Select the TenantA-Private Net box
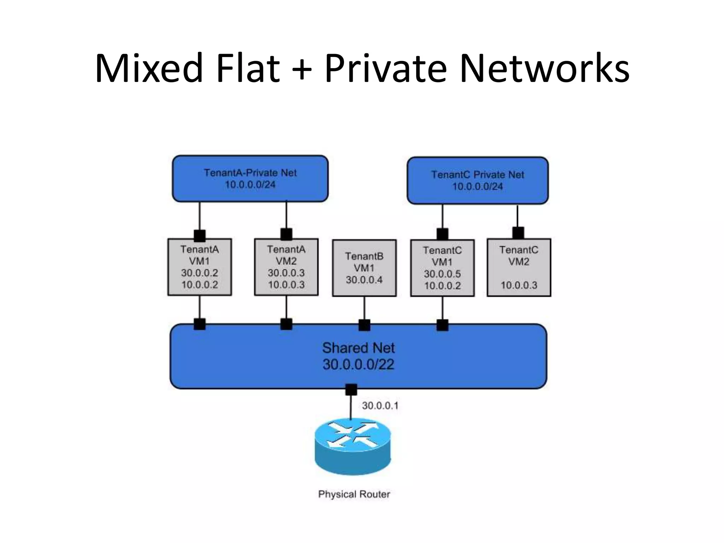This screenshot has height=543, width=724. pyautogui.click(x=250, y=179)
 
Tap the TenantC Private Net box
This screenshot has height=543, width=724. pyautogui.click(x=477, y=180)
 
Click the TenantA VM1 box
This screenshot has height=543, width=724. pyautogui.click(x=199, y=267)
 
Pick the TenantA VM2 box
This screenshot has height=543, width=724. pyautogui.click(x=286, y=267)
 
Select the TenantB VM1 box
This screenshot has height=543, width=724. pyautogui.click(x=364, y=268)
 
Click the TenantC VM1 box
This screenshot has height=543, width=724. pyautogui.click(x=442, y=268)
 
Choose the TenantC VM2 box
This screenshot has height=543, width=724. pyautogui.click(x=519, y=268)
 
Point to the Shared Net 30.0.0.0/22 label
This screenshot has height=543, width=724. pyautogui.click(x=358, y=356)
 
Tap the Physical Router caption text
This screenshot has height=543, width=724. pyautogui.click(x=354, y=494)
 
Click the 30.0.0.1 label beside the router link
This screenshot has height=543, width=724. pyautogui.click(x=380, y=406)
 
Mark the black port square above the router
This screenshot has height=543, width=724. pyautogui.click(x=351, y=390)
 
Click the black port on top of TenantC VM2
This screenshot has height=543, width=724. pyautogui.click(x=518, y=233)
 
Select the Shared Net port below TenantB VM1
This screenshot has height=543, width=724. pyautogui.click(x=364, y=325)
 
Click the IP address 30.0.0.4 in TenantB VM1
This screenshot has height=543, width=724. pyautogui.click(x=364, y=280)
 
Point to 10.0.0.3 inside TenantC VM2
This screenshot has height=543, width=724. pyautogui.click(x=519, y=285)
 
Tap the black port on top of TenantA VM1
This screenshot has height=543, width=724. pyautogui.click(x=199, y=235)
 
